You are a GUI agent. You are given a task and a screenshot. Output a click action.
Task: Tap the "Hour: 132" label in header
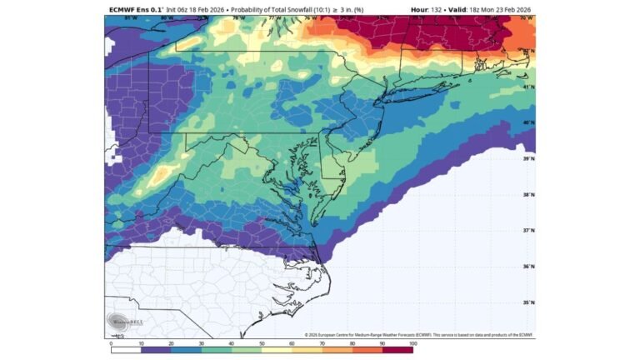tap(428, 10)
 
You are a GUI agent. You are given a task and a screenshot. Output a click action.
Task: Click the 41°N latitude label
tap(528, 87)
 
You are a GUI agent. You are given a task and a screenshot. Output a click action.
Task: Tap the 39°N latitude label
tap(528, 158)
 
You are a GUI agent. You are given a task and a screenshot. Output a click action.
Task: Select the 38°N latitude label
tap(528, 195)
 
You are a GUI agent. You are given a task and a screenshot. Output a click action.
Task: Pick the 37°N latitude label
tap(528, 231)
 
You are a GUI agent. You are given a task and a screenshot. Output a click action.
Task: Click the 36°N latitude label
tap(528, 267)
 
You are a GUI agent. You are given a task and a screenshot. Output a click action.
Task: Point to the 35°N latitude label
tap(528, 302)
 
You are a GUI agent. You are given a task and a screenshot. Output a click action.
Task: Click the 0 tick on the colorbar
tap(111, 342)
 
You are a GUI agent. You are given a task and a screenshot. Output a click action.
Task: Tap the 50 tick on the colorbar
tap(262, 342)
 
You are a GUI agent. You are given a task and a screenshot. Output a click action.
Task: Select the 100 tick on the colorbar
tap(412, 342)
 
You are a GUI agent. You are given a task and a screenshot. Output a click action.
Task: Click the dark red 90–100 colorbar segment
tap(397, 350)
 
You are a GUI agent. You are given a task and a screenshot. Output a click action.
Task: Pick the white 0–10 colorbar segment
tap(126, 350)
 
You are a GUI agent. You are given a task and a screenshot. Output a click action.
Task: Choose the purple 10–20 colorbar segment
tap(156, 350)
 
